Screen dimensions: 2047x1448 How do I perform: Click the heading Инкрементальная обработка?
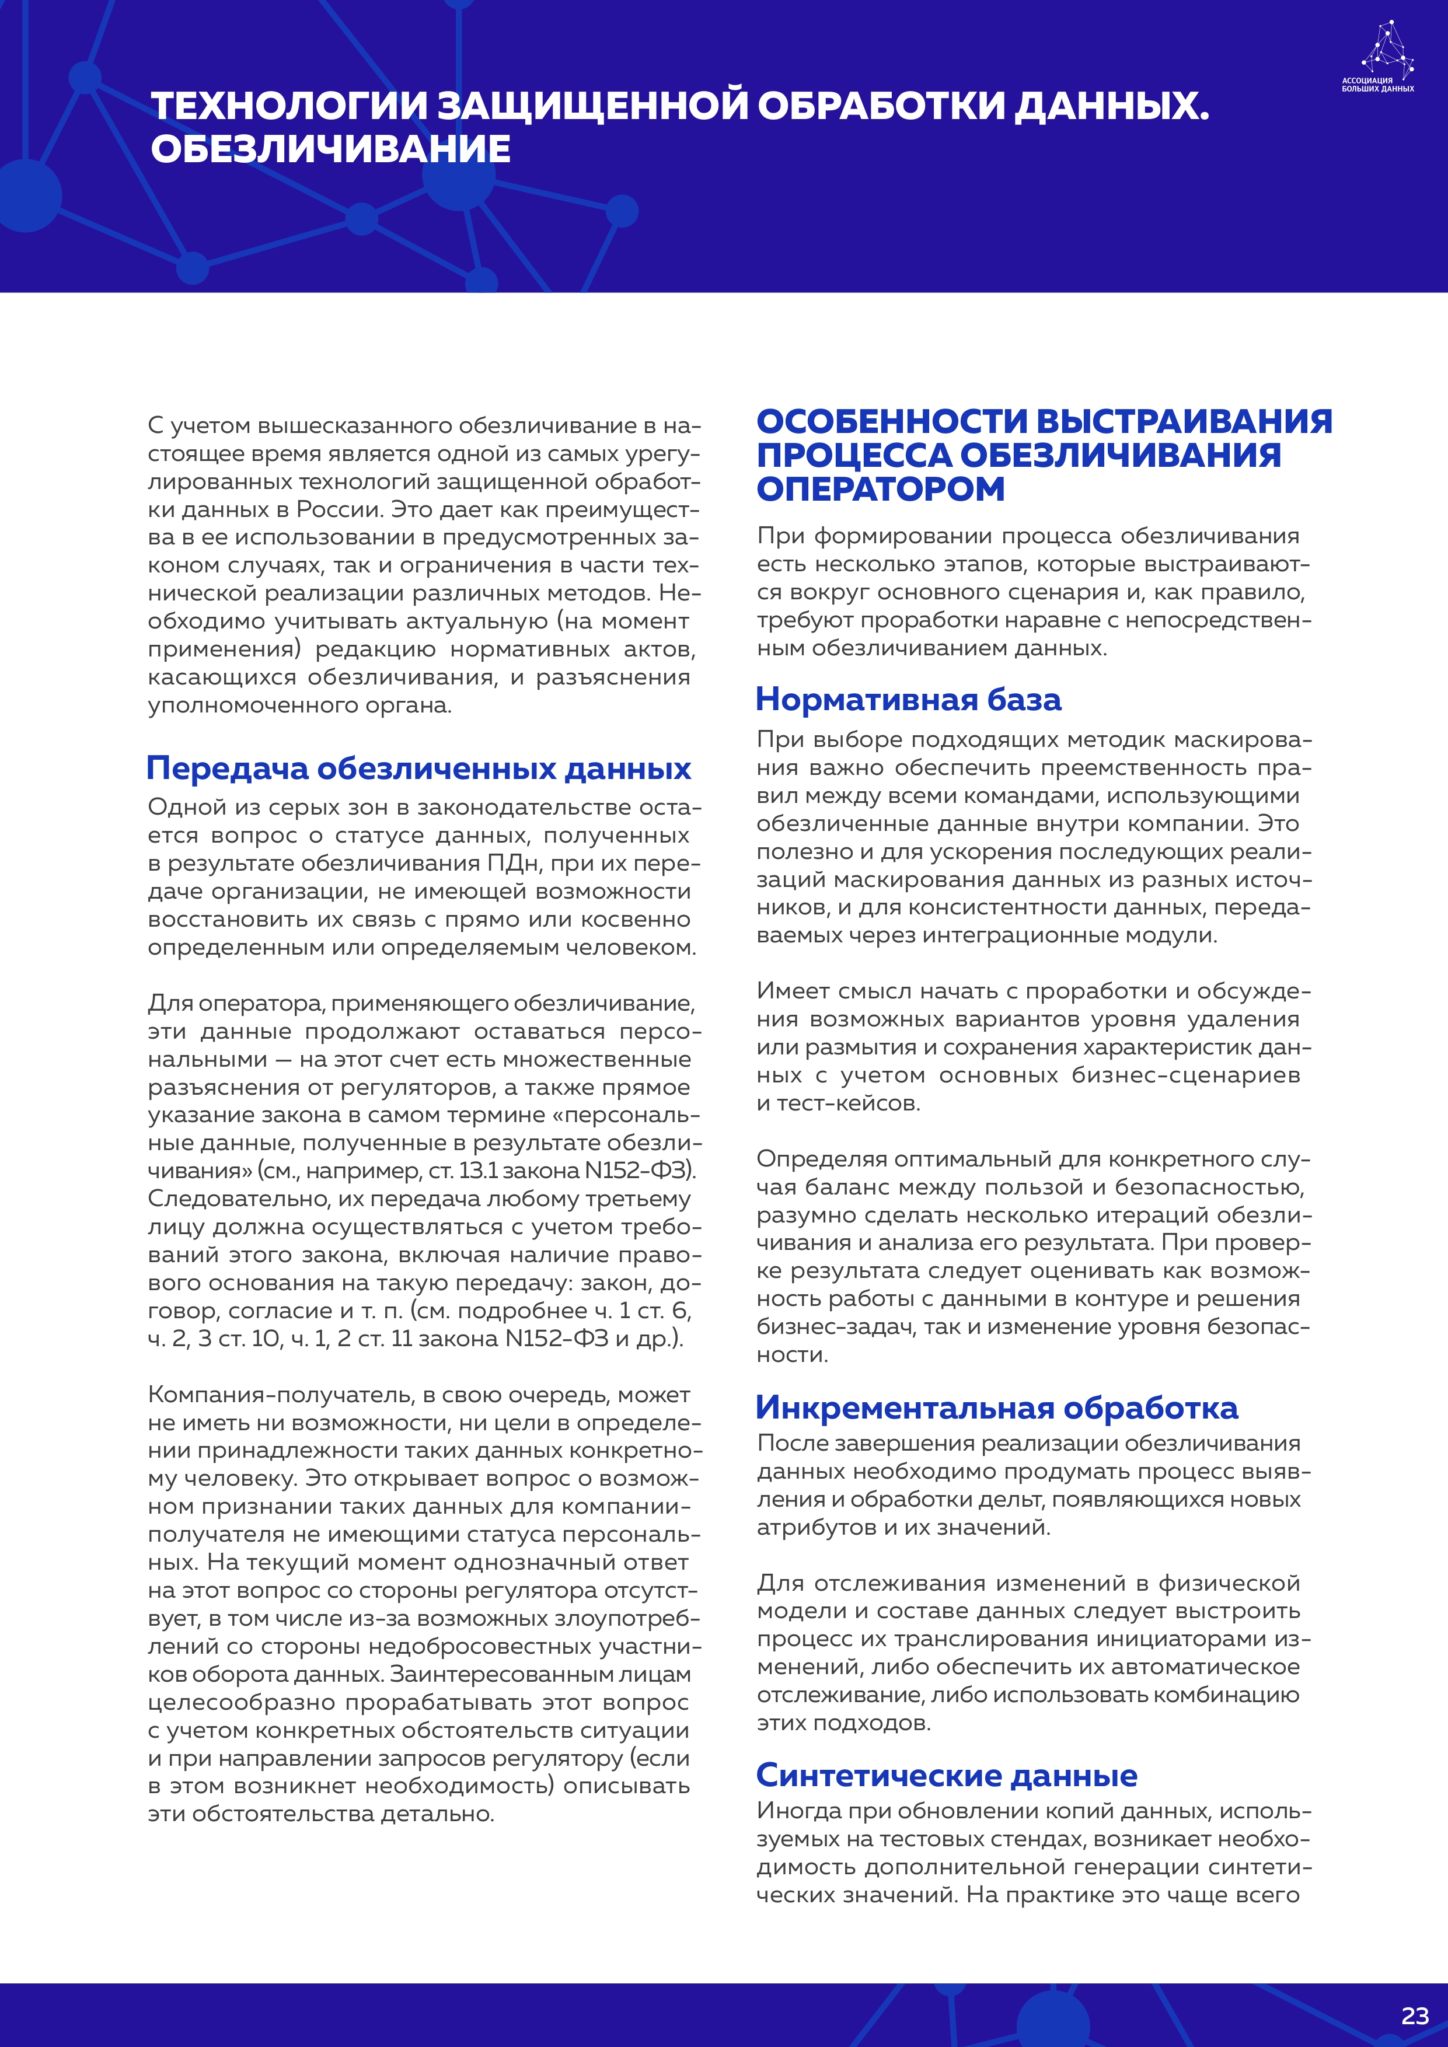click(x=996, y=1408)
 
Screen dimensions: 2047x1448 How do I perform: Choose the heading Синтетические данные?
click(x=946, y=1775)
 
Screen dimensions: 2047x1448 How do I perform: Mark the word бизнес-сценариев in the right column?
click(x=1185, y=1075)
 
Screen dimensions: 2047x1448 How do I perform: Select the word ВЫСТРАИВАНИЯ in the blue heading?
click(x=1184, y=422)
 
